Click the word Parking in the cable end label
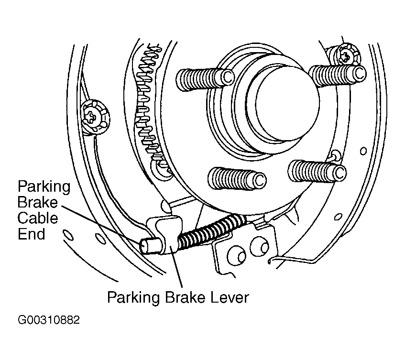click(44, 186)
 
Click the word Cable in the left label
click(38, 218)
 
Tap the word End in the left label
click(31, 234)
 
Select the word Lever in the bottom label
click(230, 297)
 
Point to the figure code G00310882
click(49, 320)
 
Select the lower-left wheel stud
click(237, 178)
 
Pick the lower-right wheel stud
click(317, 171)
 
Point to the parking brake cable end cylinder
click(149, 246)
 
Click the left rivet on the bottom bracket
click(236, 256)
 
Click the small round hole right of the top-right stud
click(363, 151)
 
